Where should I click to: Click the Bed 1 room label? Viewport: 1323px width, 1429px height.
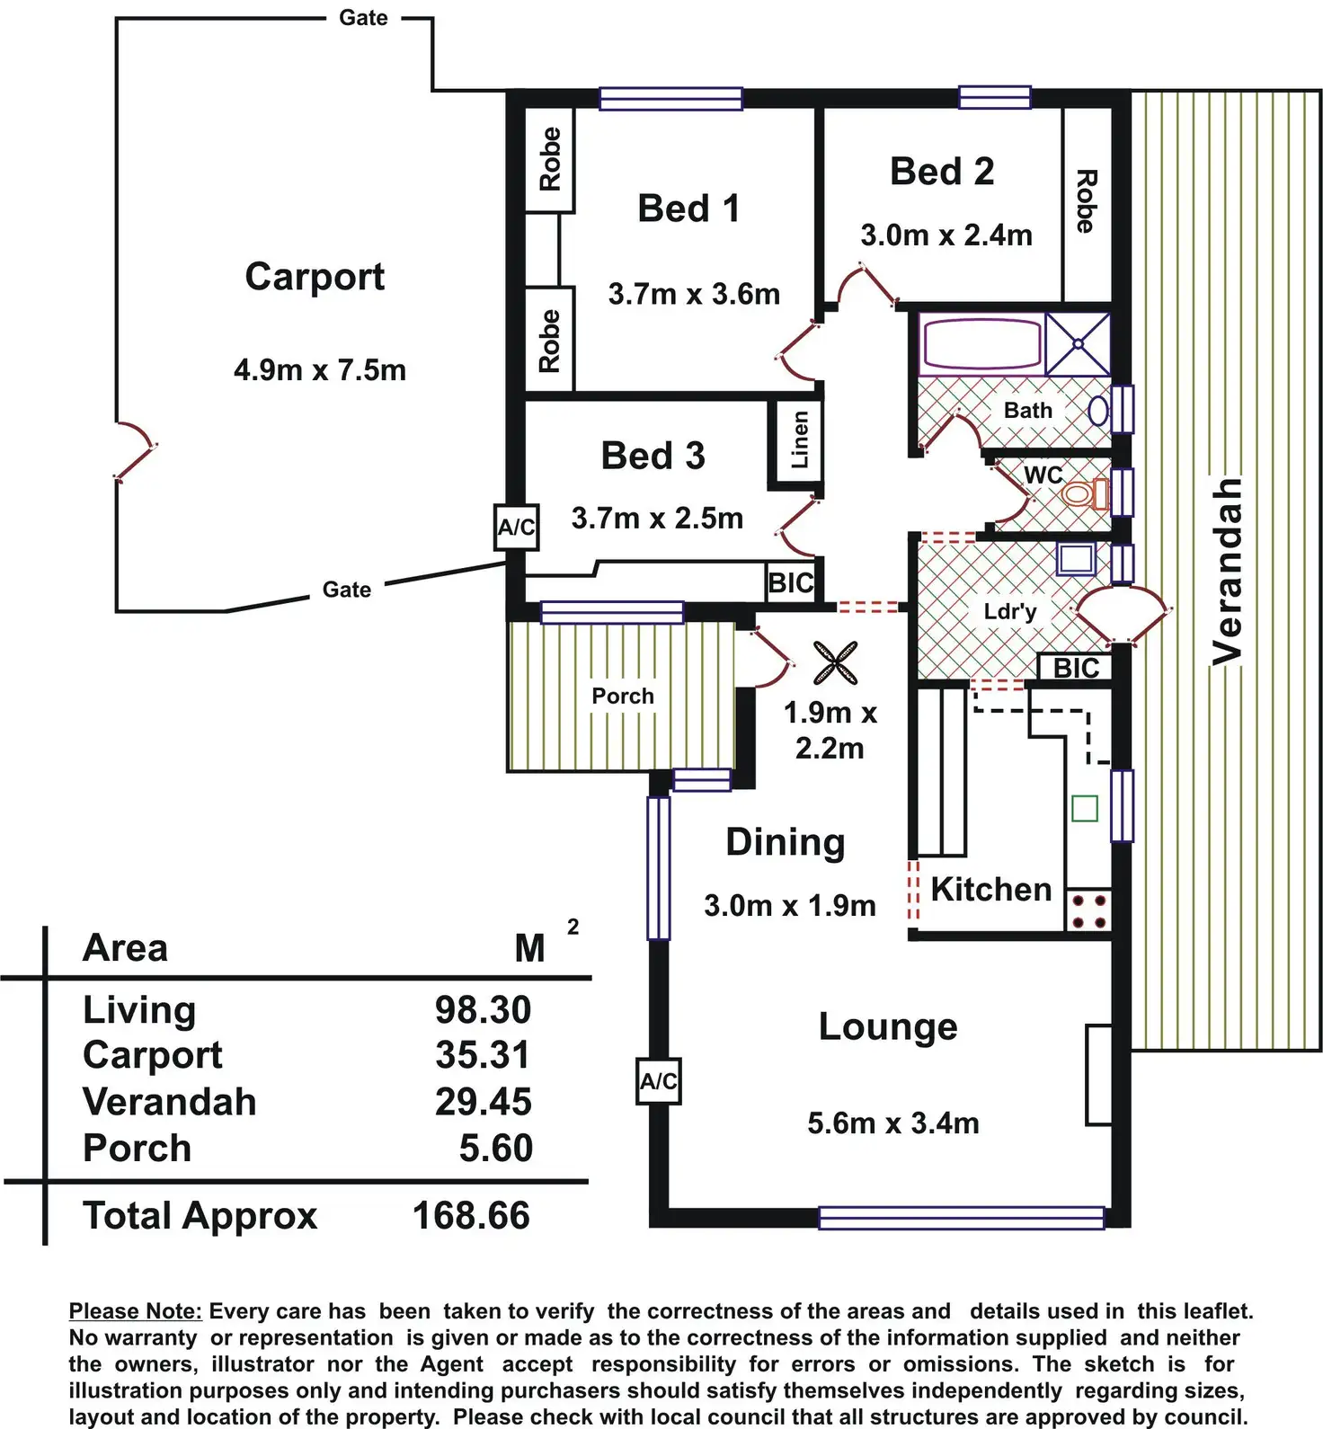tap(688, 209)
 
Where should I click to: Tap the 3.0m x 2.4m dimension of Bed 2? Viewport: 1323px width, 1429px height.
tap(946, 235)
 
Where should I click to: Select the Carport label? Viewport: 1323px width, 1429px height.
tap(315, 278)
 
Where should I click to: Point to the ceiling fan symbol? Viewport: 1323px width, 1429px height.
tap(835, 663)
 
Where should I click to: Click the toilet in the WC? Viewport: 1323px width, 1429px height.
tap(1085, 493)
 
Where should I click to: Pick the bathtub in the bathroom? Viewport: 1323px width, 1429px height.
tap(981, 343)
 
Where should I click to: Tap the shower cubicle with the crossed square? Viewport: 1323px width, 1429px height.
tap(1078, 343)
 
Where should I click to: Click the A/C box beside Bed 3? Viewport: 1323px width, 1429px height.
tap(517, 528)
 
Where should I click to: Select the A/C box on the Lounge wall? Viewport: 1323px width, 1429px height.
tap(658, 1081)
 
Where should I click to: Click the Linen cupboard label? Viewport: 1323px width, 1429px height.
tap(799, 439)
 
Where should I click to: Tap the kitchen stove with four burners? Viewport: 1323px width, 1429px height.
tap(1088, 910)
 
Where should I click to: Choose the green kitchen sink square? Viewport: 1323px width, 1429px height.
tap(1085, 808)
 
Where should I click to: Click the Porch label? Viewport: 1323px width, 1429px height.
tap(622, 696)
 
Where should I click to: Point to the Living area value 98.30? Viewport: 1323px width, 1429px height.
tap(484, 1010)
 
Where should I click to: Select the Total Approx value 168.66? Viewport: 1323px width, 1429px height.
tap(471, 1216)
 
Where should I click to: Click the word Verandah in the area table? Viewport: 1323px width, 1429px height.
tap(169, 1102)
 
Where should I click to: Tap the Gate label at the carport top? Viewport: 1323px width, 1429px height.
tap(363, 18)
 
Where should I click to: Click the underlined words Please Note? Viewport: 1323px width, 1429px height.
tap(136, 1311)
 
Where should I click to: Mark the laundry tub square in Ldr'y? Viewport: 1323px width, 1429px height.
tap(1076, 559)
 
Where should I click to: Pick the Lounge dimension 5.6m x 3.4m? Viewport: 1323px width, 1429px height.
tap(893, 1123)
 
